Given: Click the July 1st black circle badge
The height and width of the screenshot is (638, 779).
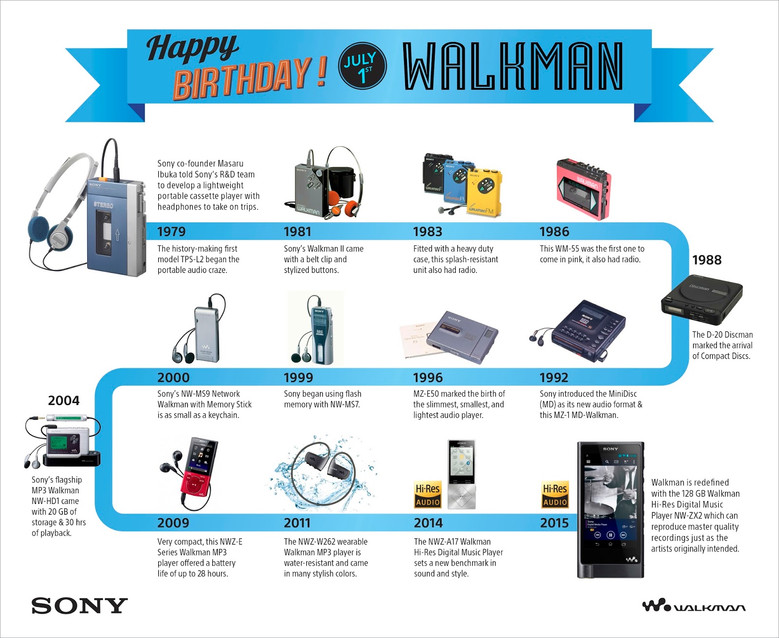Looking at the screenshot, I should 362,66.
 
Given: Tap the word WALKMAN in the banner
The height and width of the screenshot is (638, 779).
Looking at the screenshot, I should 513,66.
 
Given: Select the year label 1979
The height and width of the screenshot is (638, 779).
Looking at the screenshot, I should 171,232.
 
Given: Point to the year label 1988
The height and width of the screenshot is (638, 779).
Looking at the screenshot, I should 706,260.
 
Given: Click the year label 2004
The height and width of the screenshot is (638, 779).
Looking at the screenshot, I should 63,401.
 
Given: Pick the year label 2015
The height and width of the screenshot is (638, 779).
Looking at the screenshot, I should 554,523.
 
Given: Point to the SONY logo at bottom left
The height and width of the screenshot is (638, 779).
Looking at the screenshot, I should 79,606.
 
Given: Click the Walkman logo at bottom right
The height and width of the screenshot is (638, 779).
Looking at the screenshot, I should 693,606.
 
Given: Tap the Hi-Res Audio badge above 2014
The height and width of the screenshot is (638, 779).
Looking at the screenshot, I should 427,495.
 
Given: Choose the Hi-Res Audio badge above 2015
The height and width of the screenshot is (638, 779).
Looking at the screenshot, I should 555,495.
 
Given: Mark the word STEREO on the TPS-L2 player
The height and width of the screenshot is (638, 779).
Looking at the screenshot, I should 104,205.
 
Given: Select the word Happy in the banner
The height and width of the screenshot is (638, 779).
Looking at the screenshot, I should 192,48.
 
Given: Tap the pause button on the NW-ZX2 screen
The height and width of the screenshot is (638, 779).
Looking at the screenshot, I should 611,535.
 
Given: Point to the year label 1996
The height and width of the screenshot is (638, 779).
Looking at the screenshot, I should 427,378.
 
